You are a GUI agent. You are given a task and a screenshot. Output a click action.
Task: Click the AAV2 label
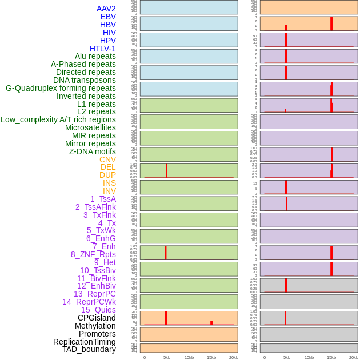[106, 9]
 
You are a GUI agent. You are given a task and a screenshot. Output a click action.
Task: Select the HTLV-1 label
[102, 49]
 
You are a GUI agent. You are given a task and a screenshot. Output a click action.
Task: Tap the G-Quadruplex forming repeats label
[61, 88]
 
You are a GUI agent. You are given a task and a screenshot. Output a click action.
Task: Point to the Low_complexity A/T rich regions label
[58, 119]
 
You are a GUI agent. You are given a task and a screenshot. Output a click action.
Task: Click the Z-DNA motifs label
[92, 151]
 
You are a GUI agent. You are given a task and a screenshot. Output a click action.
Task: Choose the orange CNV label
[107, 159]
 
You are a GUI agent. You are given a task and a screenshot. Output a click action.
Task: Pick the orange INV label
[109, 191]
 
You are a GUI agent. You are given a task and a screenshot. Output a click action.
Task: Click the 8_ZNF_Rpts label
[93, 254]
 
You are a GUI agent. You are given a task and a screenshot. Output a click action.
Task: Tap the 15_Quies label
[98, 310]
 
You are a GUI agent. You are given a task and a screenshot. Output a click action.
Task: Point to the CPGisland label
[97, 318]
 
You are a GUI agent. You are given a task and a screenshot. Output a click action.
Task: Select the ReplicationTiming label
[84, 342]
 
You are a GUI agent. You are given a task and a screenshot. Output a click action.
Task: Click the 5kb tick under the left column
[167, 357]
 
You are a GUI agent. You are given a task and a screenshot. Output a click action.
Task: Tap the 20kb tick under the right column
[354, 357]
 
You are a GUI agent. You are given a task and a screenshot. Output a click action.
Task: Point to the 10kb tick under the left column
[189, 357]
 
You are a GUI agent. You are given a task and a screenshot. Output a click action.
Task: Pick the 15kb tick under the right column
[331, 357]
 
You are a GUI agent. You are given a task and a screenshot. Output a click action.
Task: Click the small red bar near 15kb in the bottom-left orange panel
[211, 323]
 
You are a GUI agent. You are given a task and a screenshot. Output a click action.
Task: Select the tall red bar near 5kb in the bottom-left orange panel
[166, 318]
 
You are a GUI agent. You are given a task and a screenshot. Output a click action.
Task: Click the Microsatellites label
[90, 127]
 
